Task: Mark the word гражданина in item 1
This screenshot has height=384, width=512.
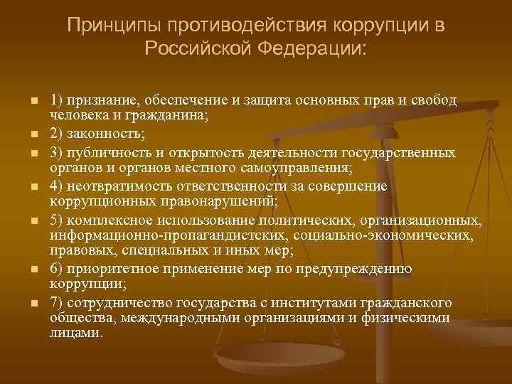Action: [x=168, y=117]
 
